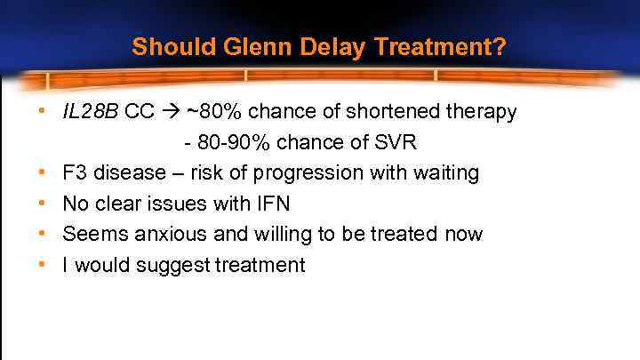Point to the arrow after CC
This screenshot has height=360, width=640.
[171, 112]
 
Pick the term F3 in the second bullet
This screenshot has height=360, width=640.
[75, 172]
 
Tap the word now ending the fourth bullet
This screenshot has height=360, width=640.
[464, 234]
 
